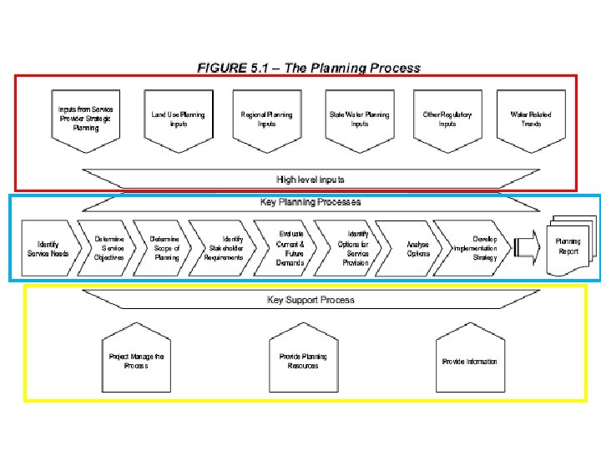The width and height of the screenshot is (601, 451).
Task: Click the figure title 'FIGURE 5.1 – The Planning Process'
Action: (309, 68)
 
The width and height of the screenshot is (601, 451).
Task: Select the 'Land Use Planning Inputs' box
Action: (178, 119)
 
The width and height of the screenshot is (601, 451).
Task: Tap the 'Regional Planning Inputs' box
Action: (266, 119)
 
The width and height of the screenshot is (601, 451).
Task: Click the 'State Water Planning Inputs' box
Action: (359, 119)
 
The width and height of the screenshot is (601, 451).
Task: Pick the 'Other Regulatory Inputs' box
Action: (447, 119)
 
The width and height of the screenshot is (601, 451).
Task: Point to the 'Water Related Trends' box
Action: (531, 119)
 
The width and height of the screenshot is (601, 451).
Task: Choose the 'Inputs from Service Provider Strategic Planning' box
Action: (86, 119)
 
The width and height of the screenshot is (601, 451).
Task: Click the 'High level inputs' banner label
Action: (311, 180)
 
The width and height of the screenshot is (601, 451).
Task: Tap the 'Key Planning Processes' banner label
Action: (311, 202)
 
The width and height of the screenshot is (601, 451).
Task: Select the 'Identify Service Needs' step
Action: (49, 248)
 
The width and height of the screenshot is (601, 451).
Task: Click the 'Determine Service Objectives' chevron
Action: (109, 248)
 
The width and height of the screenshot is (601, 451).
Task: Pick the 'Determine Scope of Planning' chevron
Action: (165, 248)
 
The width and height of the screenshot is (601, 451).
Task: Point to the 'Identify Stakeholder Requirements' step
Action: (225, 248)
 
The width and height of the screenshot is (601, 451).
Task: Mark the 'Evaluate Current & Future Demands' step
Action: (290, 248)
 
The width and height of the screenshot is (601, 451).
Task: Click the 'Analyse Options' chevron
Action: (417, 249)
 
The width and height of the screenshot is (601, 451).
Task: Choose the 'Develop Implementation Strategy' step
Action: (477, 248)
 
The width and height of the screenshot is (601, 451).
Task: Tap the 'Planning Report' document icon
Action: (568, 246)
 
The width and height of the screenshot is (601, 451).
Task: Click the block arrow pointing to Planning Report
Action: (527, 246)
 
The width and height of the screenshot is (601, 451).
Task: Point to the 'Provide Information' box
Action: (469, 361)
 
